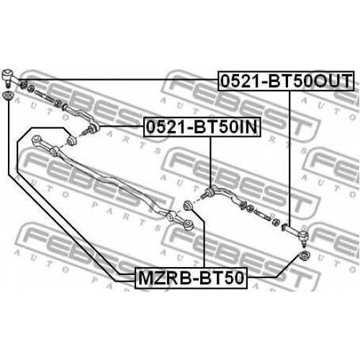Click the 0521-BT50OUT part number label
(286, 81)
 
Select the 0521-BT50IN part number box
(202, 127)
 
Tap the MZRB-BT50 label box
(191, 278)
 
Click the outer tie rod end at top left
(11, 78)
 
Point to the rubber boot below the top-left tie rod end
(8, 96)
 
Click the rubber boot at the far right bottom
(305, 256)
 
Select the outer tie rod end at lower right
(296, 233)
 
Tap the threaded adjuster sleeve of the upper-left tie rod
(43, 96)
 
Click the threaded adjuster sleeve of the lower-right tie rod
(262, 215)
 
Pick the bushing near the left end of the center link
(71, 140)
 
